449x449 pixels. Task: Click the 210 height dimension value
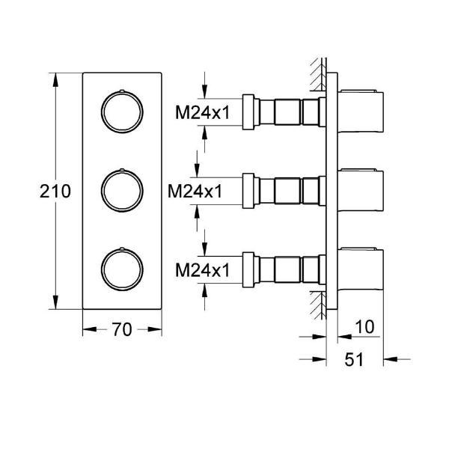coord(55,192)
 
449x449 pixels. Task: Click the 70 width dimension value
coord(122,329)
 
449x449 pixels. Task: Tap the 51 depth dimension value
coord(353,360)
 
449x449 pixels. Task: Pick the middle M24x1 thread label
coord(195,192)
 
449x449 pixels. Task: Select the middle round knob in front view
coord(120,192)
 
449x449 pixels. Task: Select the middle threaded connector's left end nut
coord(250,192)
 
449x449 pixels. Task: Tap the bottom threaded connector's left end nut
coord(250,269)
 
